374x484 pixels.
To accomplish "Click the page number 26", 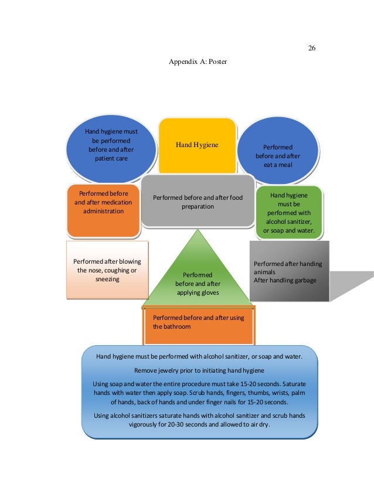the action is (x=312, y=48).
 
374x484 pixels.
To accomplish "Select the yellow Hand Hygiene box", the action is (x=197, y=145).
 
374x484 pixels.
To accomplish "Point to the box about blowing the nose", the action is (x=107, y=270).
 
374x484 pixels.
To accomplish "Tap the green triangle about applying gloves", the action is (x=198, y=275).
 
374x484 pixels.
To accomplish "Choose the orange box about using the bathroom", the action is (x=199, y=325).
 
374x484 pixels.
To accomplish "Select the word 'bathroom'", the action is (x=172, y=326).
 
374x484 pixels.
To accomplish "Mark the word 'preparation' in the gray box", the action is (x=197, y=206).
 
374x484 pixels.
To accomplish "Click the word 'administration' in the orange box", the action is (x=103, y=211).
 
